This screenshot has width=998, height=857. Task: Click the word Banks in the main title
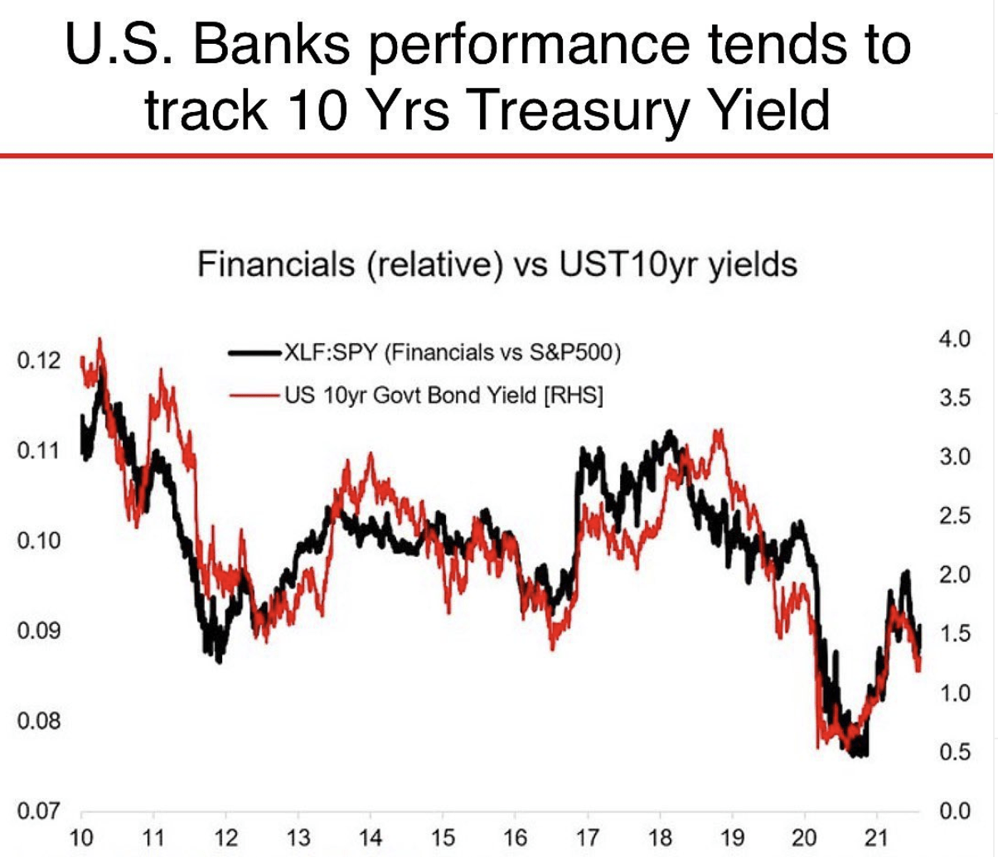click(x=271, y=45)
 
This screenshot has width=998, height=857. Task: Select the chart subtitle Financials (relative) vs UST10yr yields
click(x=497, y=265)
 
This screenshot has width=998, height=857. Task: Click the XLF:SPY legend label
click(x=453, y=352)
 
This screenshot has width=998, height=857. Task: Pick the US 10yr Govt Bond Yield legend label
click(x=443, y=395)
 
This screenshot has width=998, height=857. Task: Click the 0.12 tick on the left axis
click(x=39, y=361)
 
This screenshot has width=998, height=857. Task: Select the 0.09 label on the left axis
click(x=39, y=631)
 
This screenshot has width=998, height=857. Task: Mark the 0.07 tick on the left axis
click(x=39, y=811)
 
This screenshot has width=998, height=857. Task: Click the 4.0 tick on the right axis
click(x=955, y=339)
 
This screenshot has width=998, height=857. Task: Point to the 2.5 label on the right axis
click(x=955, y=516)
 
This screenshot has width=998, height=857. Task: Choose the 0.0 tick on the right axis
click(x=955, y=811)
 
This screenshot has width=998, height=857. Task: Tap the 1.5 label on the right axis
click(x=955, y=634)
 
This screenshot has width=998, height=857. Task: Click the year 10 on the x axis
click(x=81, y=839)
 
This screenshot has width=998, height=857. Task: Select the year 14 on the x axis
click(x=371, y=839)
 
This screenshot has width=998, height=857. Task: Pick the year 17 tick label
click(x=588, y=839)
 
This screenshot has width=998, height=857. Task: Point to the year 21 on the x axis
click(x=876, y=839)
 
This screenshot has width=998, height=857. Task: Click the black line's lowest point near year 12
click(x=220, y=662)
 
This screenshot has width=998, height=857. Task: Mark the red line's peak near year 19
click(x=719, y=429)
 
